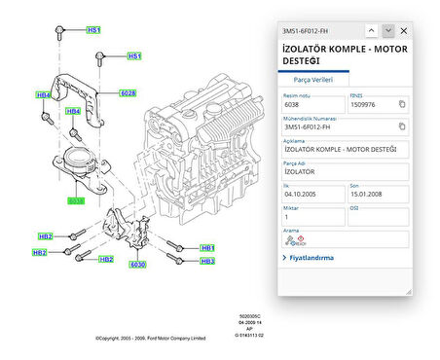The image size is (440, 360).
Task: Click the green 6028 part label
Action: click(x=128, y=93)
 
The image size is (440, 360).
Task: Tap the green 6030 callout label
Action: click(x=136, y=264)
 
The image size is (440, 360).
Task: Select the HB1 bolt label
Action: click(x=206, y=247)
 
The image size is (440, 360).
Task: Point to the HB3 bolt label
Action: click(x=206, y=261)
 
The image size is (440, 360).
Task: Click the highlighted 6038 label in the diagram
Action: click(x=76, y=201)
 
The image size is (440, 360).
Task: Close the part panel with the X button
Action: click(x=403, y=30)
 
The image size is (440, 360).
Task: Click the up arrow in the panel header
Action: click(x=371, y=30)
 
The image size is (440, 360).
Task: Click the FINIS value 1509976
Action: click(x=365, y=104)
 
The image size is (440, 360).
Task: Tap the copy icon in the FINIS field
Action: click(x=401, y=104)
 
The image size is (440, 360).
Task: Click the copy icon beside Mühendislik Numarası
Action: click(x=401, y=126)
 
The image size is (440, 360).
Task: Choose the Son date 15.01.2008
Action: click(x=370, y=195)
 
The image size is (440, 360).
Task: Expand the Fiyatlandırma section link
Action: click(x=308, y=258)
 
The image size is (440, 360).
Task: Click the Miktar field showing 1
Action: click(x=311, y=217)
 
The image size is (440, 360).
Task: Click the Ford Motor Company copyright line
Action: click(x=151, y=338)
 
